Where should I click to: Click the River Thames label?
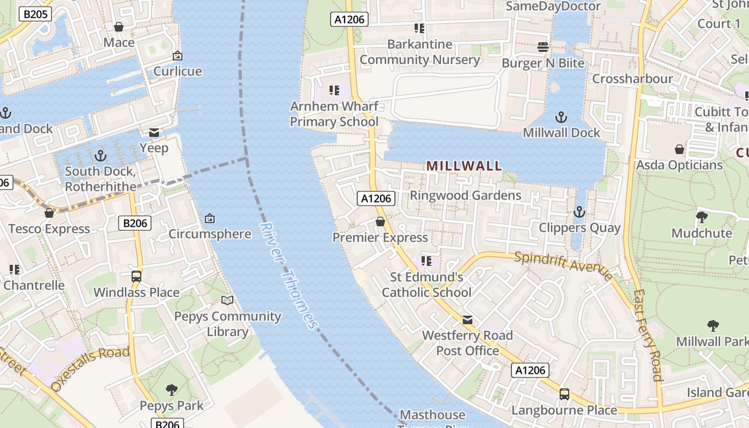289,276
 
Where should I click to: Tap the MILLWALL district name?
464,166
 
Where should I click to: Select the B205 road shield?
36,14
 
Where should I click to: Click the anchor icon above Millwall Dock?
561,117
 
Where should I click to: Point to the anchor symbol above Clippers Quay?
579,212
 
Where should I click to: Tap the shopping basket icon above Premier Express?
380,221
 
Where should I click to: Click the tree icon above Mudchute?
701,217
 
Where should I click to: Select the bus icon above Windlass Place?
136,277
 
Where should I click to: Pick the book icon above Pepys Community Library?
227,300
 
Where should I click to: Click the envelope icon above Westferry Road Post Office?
467,320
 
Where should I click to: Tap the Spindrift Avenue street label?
563,265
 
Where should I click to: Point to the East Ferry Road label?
648,335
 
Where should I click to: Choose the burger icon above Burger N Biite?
542,47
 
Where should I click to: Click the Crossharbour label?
632,79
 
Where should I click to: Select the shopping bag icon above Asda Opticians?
679,149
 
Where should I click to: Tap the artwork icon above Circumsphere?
210,218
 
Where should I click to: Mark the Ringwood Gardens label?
465,195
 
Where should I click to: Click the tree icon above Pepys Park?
171,389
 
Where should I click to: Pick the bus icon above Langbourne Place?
564,394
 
